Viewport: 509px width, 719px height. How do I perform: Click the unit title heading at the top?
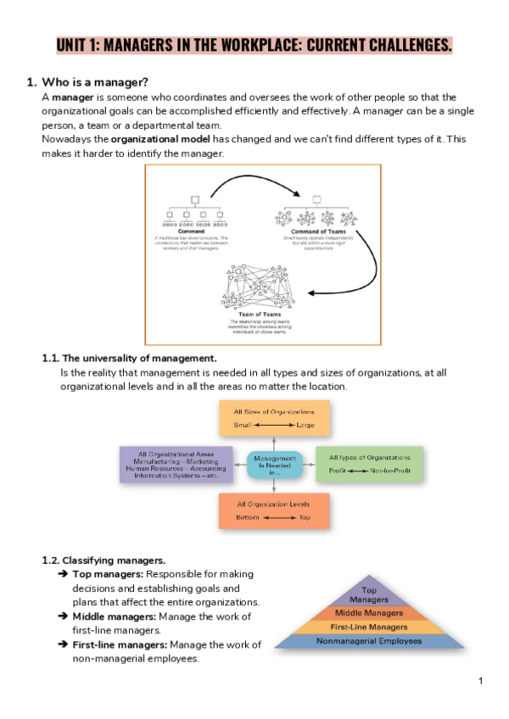coord(254,44)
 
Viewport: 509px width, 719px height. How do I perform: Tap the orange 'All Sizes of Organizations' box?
coord(274,418)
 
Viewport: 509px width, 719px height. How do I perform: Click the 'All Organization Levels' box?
coord(274,510)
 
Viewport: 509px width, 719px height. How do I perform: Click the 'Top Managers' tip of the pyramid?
coord(369,594)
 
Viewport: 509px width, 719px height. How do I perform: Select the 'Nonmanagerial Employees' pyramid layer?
coord(369,641)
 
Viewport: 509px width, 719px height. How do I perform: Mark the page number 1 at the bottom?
coord(480,681)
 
